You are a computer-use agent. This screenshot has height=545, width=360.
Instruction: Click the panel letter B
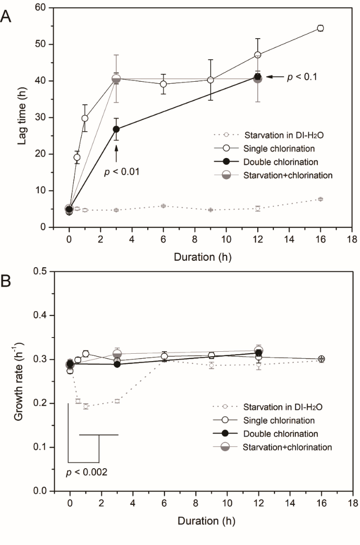tap(6, 282)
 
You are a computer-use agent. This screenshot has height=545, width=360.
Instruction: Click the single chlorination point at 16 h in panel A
tap(320, 28)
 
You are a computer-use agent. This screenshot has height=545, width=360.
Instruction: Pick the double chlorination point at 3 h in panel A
tap(116, 129)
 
